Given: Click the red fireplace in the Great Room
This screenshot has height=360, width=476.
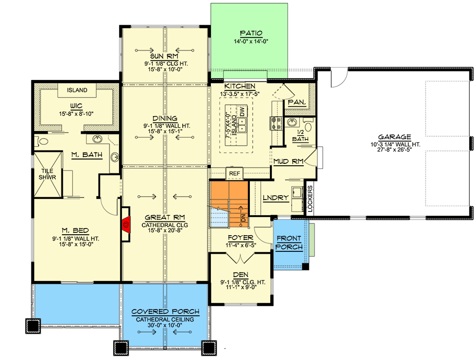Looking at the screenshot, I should click(x=126, y=223).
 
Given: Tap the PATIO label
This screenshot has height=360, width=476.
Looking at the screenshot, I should click(x=251, y=33).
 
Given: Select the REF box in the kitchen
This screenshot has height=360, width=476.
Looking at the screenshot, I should click(x=234, y=173).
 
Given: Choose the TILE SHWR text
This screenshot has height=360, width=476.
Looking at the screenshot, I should click(x=47, y=175).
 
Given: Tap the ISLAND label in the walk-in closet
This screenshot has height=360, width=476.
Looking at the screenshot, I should click(x=77, y=90).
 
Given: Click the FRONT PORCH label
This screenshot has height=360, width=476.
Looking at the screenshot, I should click(x=289, y=243).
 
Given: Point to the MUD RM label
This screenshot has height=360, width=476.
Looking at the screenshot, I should click(x=288, y=162).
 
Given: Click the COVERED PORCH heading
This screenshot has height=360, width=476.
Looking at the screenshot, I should click(x=165, y=312).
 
